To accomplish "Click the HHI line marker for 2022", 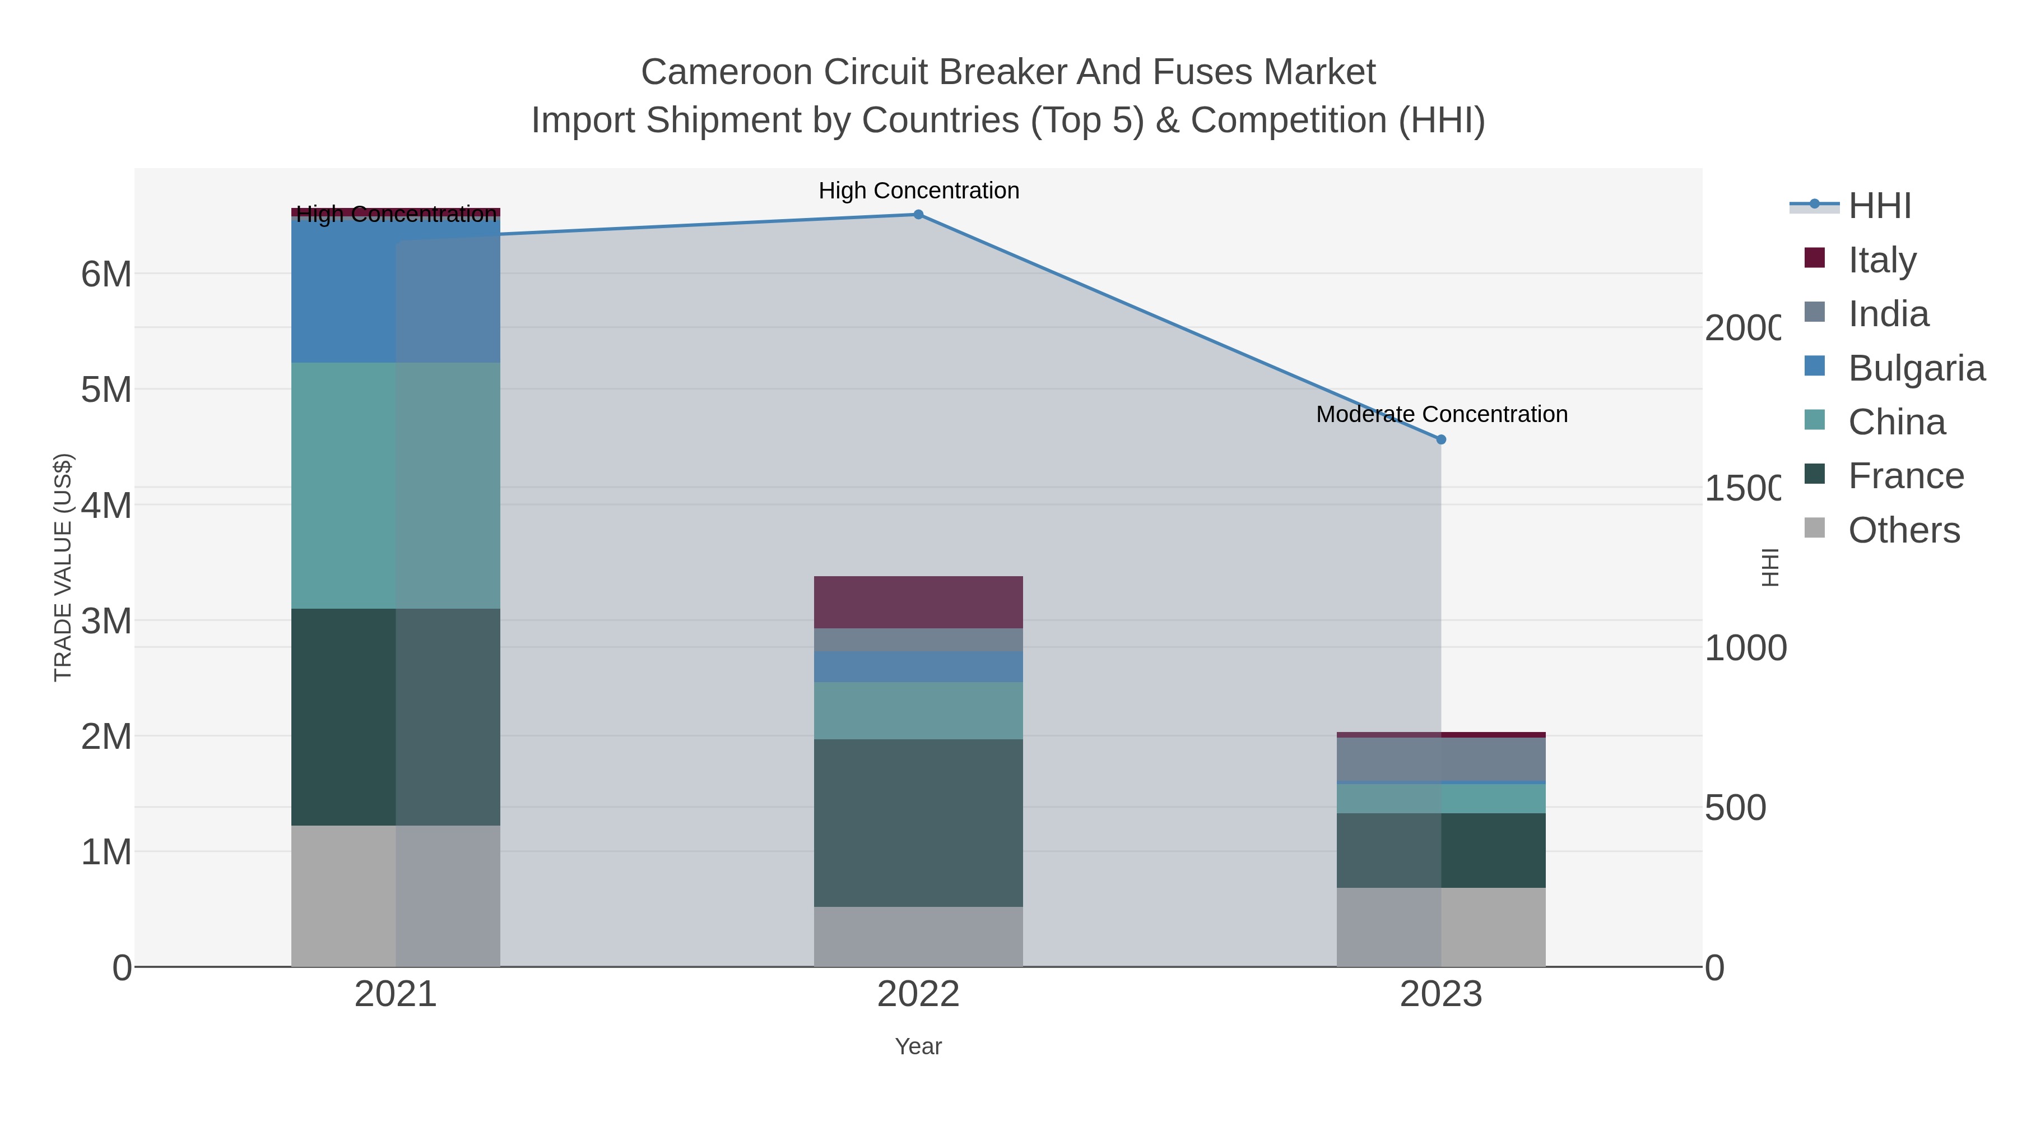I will pyautogui.click(x=918, y=215).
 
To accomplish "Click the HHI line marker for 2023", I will pyautogui.click(x=1440, y=439).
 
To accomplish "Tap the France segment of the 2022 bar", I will pyautogui.click(x=918, y=822).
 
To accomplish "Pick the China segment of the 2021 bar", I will pyautogui.click(x=396, y=485).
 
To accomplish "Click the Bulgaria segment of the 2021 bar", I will pyautogui.click(x=396, y=290).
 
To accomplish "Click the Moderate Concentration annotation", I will pyautogui.click(x=1442, y=414).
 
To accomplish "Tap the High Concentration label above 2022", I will pyautogui.click(x=918, y=191).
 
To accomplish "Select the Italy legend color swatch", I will pyautogui.click(x=1814, y=258).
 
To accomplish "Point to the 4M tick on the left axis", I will pyautogui.click(x=106, y=505).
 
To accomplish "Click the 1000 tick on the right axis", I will pyautogui.click(x=1745, y=648).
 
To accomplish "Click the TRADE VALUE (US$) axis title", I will pyautogui.click(x=63, y=567).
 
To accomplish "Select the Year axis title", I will pyautogui.click(x=918, y=1046).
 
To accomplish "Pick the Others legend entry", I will pyautogui.click(x=1903, y=530).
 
